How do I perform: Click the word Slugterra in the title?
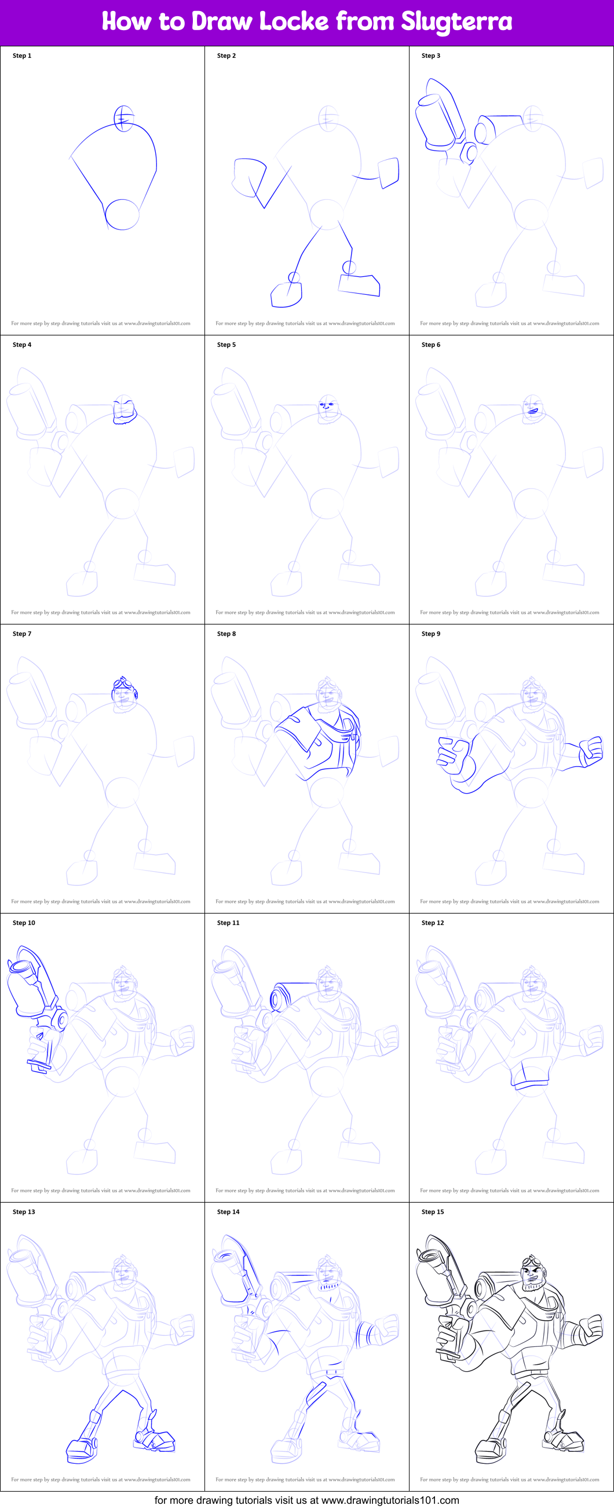click(x=456, y=21)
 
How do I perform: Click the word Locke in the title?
click(x=294, y=21)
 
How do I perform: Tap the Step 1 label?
click(x=21, y=56)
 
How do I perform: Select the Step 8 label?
click(x=226, y=634)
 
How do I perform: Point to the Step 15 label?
click(x=432, y=1211)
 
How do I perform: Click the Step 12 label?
click(x=432, y=923)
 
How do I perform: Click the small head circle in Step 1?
click(x=123, y=118)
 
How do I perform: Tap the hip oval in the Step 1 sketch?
click(x=122, y=214)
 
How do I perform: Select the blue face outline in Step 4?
click(x=124, y=411)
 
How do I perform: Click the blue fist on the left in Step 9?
click(x=452, y=756)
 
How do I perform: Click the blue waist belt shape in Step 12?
click(x=529, y=1076)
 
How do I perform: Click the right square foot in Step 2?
click(x=359, y=284)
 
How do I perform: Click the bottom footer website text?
click(x=306, y=1500)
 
